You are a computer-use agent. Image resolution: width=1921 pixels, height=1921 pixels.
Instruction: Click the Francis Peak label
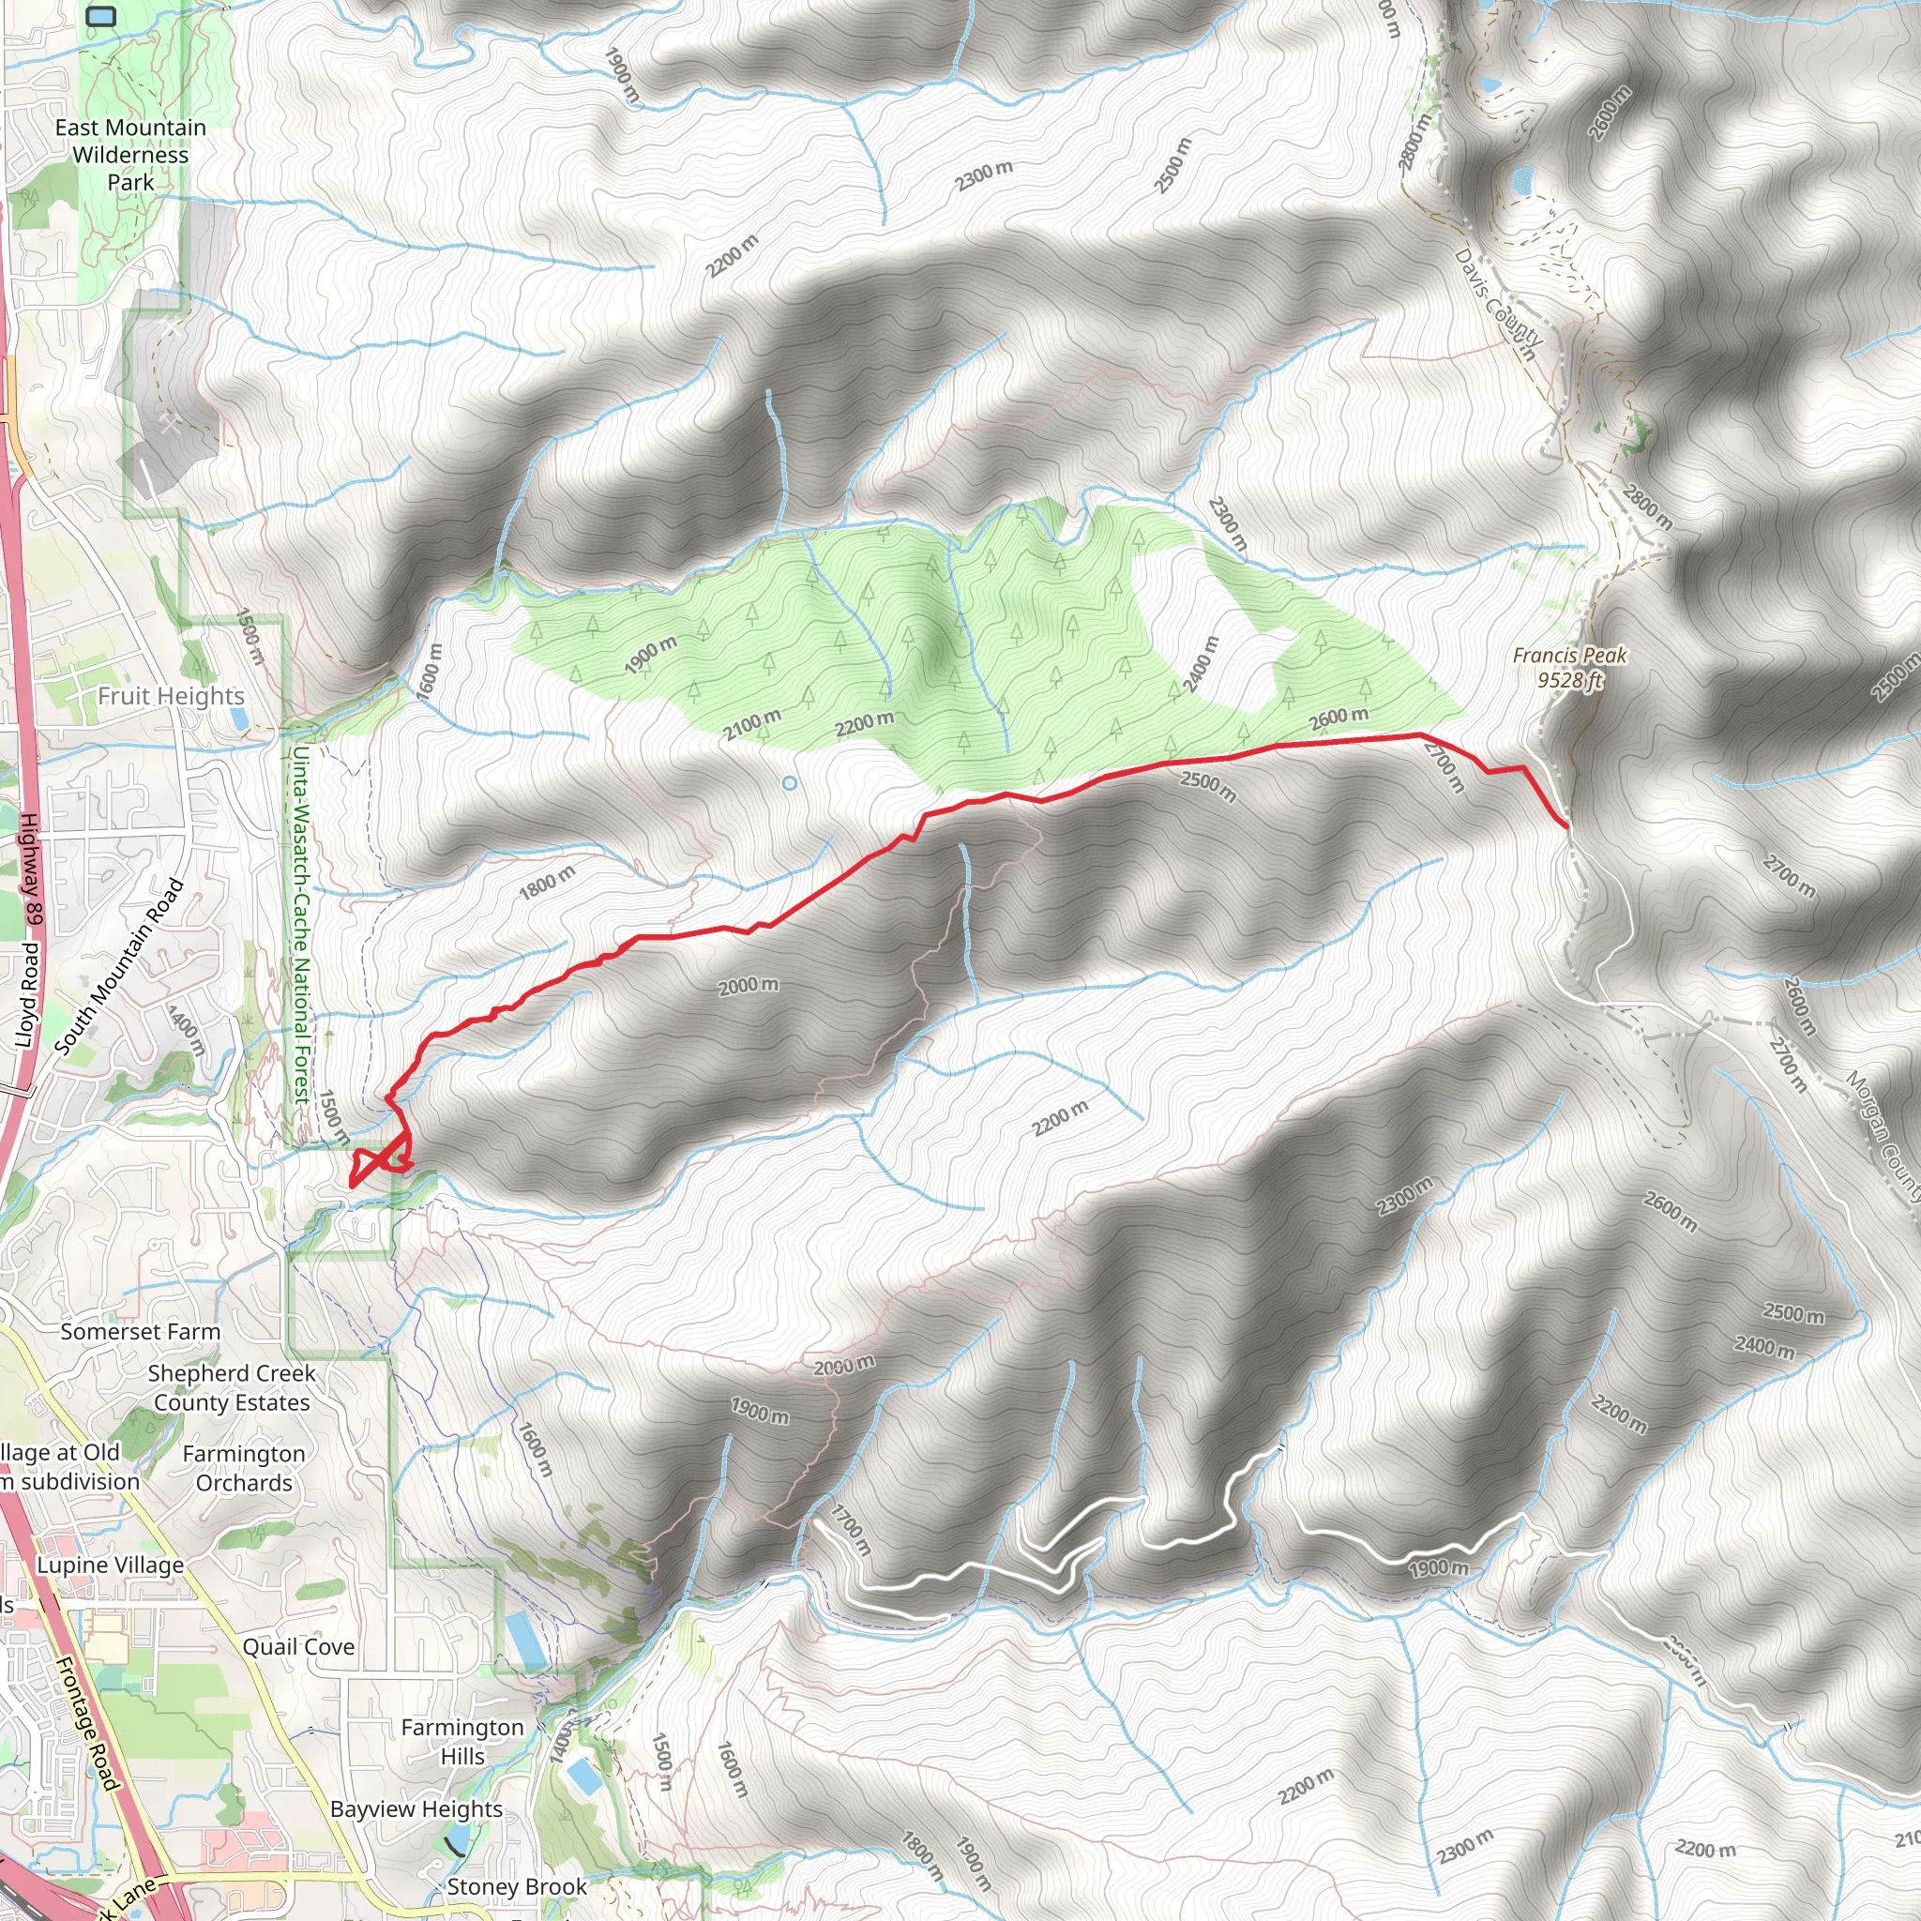click(1569, 656)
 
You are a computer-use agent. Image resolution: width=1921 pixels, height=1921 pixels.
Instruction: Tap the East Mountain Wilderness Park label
click(130, 155)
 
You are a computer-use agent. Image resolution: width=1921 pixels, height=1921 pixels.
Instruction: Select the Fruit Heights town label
click(170, 696)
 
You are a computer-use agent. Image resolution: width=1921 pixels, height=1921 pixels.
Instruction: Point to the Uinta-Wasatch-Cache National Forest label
click(301, 925)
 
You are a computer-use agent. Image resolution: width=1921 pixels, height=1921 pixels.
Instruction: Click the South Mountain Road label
click(119, 966)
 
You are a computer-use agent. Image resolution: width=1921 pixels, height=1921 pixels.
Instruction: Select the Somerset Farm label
click(140, 1331)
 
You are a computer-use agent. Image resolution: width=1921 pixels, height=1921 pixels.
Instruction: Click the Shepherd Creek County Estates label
click(232, 1388)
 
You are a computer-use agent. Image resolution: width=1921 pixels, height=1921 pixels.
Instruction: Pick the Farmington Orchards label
click(244, 1469)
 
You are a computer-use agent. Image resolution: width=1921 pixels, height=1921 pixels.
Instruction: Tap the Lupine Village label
click(111, 1566)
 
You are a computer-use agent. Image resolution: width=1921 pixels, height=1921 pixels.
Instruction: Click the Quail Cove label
click(298, 1647)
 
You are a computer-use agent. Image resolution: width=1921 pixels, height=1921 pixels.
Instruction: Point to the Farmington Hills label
click(462, 1742)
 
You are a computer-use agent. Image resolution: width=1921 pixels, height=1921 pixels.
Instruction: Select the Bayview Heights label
click(416, 1809)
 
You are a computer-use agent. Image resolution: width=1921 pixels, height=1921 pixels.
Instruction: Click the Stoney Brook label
click(516, 1887)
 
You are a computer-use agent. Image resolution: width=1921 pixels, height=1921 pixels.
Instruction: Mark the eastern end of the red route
click(1566, 825)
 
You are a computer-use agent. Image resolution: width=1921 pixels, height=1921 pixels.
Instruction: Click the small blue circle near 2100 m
click(790, 783)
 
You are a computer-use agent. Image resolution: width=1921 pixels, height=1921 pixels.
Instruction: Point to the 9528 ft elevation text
click(1570, 681)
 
